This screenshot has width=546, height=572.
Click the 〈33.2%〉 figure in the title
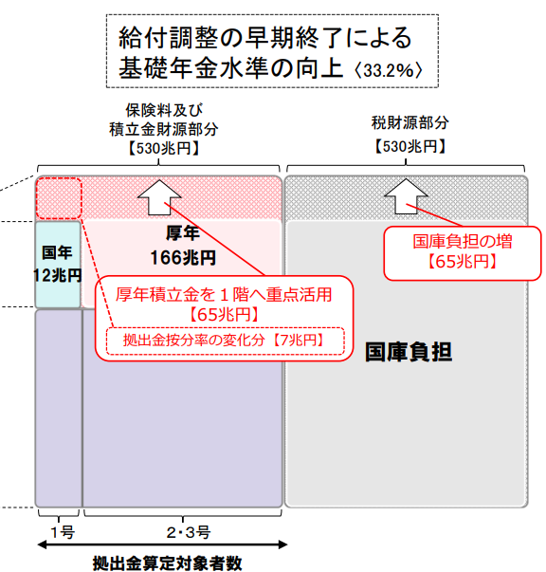pos(389,69)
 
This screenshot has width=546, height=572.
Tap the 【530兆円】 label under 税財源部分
pos(409,147)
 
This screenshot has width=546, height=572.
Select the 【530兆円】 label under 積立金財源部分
pos(164,148)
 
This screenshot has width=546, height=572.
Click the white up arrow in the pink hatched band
pos(159,197)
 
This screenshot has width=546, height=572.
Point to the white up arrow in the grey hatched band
pos(406,196)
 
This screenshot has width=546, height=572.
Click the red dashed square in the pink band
pos(59,198)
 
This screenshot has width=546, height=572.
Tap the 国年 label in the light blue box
pos(57,252)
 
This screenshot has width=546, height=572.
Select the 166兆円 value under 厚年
pos(183,258)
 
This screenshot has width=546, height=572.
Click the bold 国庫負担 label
pos(409,352)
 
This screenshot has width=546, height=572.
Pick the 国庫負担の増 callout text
pos(463,242)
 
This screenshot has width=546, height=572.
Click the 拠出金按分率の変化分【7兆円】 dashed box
pos(225,341)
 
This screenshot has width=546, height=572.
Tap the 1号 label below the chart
pos(63,532)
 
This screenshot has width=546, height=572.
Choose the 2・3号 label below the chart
pos(189,532)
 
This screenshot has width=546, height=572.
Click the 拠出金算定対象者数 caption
pos(167,563)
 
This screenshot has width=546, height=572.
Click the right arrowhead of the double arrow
pos(282,545)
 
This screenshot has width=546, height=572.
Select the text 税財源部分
pos(409,123)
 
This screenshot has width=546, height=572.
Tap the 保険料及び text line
pos(164,110)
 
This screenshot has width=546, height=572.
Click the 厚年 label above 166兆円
pos(183,233)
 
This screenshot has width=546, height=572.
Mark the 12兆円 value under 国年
pos(58,275)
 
